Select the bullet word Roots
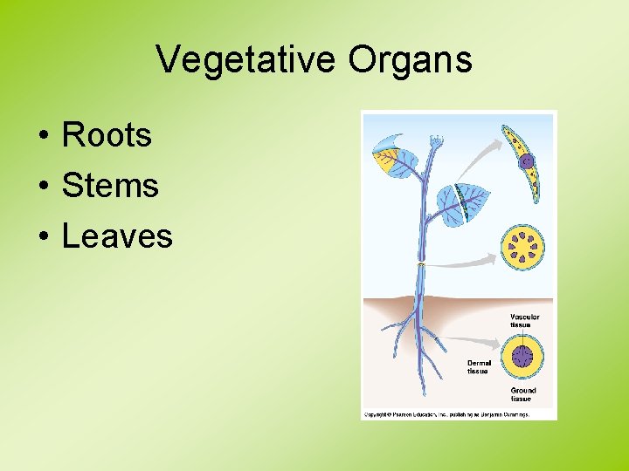coord(107,135)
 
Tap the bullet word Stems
coord(110,186)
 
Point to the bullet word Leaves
coord(117,236)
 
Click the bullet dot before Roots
coord(42,136)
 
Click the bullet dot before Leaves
coord(42,237)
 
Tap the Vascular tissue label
coord(524,321)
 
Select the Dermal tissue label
coord(480,366)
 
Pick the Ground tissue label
coord(523,394)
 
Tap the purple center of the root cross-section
coord(522,356)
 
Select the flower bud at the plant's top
coord(434,141)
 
